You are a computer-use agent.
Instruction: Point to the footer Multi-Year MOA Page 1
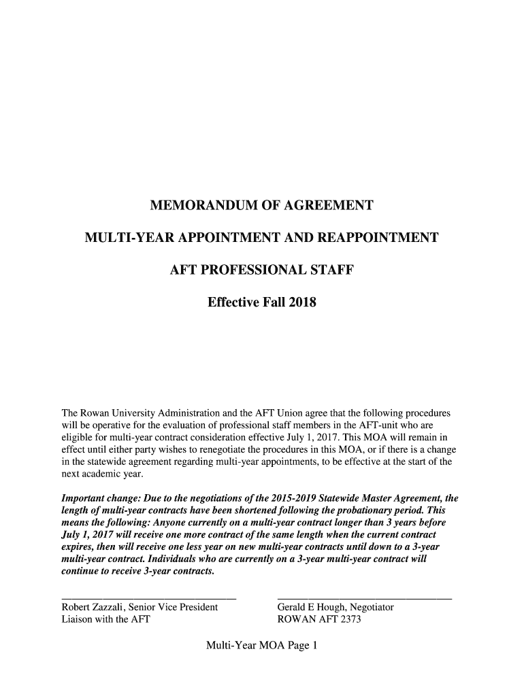[x=262, y=646]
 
